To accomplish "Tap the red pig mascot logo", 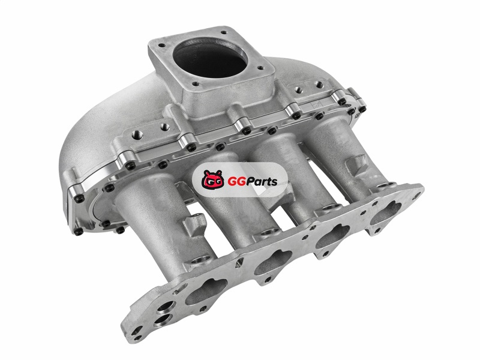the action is click(x=212, y=180).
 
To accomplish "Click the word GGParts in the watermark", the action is click(x=253, y=181).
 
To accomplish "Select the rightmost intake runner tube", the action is click(x=340, y=153).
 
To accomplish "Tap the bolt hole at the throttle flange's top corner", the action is click(x=224, y=32).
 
